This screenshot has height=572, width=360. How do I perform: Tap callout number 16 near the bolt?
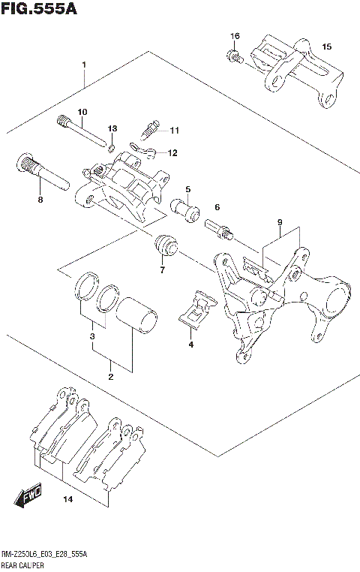[235, 37]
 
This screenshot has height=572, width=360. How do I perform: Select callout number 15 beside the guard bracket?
[326, 47]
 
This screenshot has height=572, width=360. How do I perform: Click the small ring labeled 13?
[112, 148]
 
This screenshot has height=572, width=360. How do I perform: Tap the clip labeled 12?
[142, 152]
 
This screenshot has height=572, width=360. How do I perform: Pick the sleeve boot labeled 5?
[186, 211]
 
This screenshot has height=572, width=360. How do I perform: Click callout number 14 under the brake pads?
[67, 499]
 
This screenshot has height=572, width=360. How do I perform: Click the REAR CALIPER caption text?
[30, 563]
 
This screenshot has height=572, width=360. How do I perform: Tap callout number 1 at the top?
[85, 64]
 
